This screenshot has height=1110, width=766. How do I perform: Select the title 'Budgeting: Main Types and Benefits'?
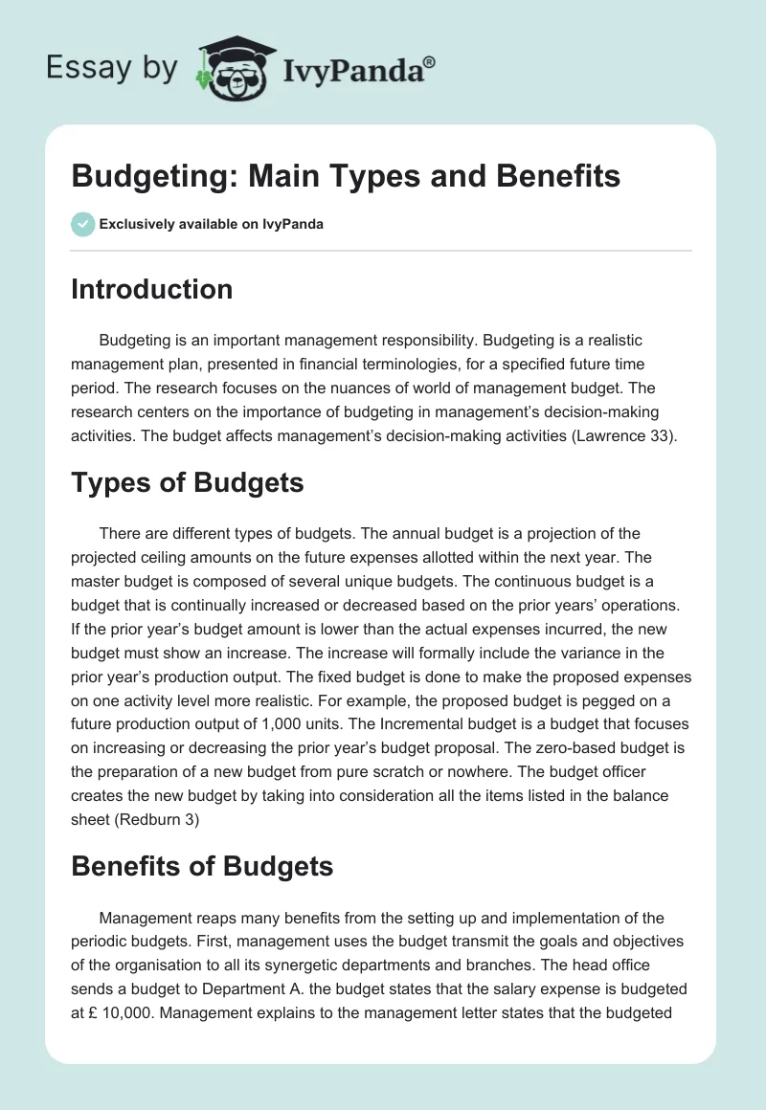346,176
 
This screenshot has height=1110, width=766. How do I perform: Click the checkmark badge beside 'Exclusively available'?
82,224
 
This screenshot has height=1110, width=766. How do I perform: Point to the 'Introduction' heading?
151,289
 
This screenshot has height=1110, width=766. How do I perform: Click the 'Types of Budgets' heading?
187,482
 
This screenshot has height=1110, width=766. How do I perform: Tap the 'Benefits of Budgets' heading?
202,867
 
